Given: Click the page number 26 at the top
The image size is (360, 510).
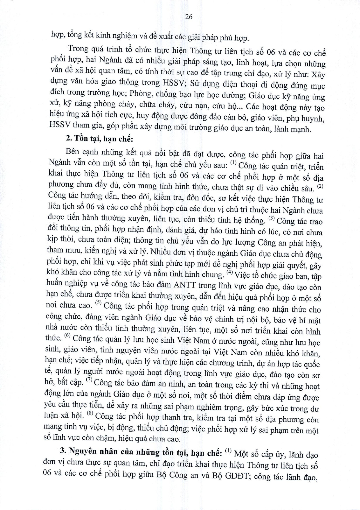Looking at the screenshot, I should (x=188, y=17).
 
